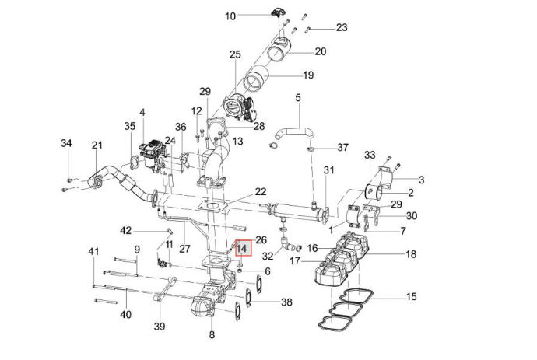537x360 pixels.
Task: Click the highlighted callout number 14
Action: pos(243,248)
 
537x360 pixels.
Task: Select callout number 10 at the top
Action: pos(230,16)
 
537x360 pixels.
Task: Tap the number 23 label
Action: pos(342,27)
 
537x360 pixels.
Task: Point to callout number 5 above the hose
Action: pos(297,97)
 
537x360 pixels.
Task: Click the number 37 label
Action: pos(342,148)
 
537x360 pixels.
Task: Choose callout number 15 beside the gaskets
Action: pos(411,296)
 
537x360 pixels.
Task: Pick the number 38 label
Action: pos(286,302)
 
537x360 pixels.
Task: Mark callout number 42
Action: pos(125,230)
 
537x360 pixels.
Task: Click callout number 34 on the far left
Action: pos(66,143)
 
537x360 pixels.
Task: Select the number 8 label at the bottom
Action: pos(212,334)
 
